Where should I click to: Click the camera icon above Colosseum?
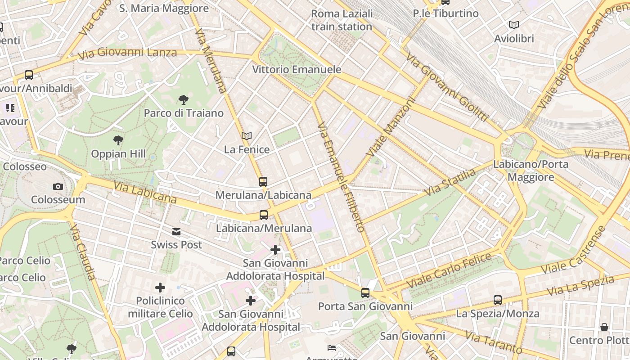click(58, 186)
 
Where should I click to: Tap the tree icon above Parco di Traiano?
click(183, 100)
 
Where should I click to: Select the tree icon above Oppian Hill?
click(118, 140)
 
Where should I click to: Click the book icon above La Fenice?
click(247, 136)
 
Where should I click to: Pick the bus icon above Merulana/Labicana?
click(263, 182)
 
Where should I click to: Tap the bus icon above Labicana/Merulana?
click(264, 215)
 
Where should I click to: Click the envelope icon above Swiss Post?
click(176, 232)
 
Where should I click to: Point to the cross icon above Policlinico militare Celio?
click(160, 287)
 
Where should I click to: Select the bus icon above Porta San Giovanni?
click(365, 293)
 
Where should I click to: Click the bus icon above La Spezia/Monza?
click(498, 300)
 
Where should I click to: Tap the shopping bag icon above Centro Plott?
click(604, 327)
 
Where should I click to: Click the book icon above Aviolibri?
click(514, 25)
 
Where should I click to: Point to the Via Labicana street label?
click(145, 192)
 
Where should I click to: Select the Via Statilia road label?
click(450, 182)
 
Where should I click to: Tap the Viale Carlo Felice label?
click(449, 271)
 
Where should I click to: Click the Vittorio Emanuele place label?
click(297, 70)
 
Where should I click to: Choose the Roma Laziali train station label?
click(342, 20)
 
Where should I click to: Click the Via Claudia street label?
click(83, 252)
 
